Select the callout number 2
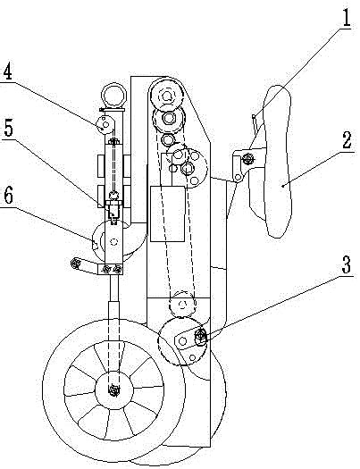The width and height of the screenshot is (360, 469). click(x=347, y=139)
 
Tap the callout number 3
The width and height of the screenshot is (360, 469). click(x=347, y=264)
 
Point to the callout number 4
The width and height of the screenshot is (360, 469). click(x=8, y=71)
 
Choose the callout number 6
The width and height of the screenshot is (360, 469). click(x=8, y=197)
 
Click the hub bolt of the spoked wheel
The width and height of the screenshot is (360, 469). click(x=113, y=390)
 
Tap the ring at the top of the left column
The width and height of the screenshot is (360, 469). click(x=113, y=95)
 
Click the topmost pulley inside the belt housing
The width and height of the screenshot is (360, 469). click(x=166, y=96)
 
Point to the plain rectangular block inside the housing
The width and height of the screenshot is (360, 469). click(x=167, y=214)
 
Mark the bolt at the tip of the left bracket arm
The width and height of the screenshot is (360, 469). click(x=74, y=264)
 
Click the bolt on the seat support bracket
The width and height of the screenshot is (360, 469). click(x=247, y=158)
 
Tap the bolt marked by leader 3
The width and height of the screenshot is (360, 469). click(x=200, y=338)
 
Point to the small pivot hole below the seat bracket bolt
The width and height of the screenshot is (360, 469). click(x=238, y=178)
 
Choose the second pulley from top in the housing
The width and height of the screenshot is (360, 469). click(x=168, y=119)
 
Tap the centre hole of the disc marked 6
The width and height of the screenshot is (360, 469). click(x=113, y=242)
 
